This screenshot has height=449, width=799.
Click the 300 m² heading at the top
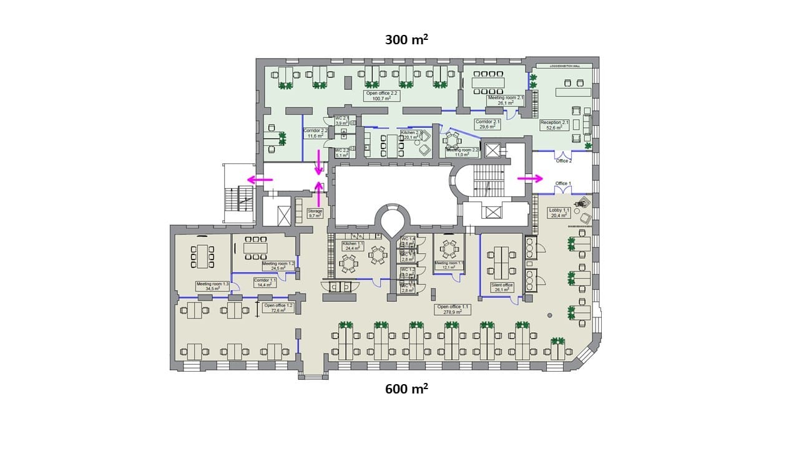pos(406,40)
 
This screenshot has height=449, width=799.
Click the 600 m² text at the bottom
pos(406,389)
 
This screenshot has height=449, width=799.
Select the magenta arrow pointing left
pos(260,180)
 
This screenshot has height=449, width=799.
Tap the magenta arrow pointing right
pos(531,179)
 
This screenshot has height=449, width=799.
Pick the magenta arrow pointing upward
pos(319,193)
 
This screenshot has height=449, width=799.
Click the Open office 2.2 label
pos(381,95)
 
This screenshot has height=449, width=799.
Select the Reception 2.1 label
pos(555,125)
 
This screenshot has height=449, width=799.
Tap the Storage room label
pos(315,213)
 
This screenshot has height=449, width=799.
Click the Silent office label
pos(502,287)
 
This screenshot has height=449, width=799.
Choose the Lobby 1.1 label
pos(558,213)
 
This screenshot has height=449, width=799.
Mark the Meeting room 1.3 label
pos(208,286)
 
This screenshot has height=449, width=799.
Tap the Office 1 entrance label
pos(562,183)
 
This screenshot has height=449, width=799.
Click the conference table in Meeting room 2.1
pos(488,83)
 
